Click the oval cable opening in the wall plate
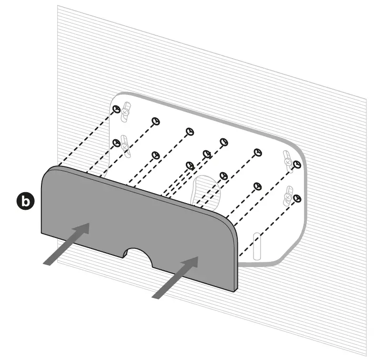[206, 191]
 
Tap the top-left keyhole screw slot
[126, 110]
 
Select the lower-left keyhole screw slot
[125, 144]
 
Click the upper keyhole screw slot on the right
[288, 159]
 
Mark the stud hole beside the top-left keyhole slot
[116, 109]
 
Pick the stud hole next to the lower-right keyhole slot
[298, 197]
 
